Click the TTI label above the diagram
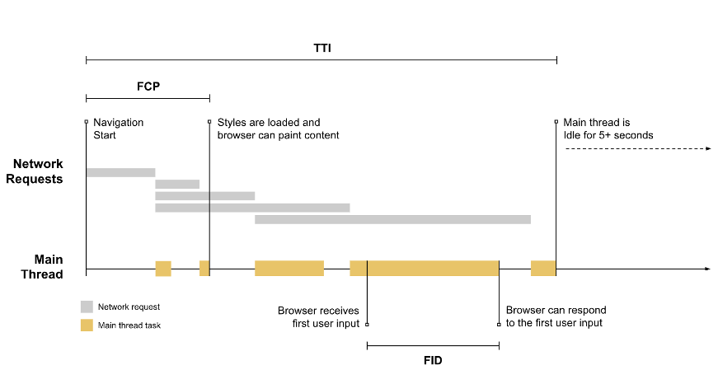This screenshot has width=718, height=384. (x=321, y=48)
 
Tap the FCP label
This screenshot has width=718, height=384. (x=148, y=86)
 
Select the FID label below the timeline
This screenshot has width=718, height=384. (x=432, y=360)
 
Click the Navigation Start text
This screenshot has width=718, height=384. (x=118, y=129)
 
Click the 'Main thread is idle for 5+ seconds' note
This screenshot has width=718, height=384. (x=608, y=129)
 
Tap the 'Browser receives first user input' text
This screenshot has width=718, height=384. (x=318, y=316)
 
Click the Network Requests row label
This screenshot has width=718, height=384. (x=38, y=171)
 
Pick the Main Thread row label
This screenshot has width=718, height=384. (x=41, y=266)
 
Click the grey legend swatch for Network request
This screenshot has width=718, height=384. (x=87, y=307)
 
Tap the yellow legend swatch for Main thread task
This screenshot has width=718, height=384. (x=87, y=325)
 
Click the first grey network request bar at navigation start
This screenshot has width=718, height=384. (x=120, y=172)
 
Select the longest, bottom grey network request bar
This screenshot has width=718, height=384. (x=392, y=219)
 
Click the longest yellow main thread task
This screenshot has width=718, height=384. (x=425, y=269)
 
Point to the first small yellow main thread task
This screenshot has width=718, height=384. (x=163, y=269)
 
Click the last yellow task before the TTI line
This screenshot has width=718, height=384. (x=543, y=269)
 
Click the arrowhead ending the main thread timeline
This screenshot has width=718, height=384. (x=706, y=269)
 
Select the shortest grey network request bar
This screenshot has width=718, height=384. (x=177, y=184)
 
